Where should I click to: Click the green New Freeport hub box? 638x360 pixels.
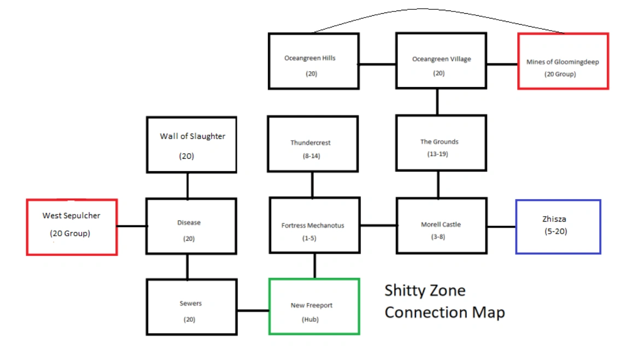click(314, 306)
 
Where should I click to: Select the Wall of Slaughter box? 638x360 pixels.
click(191, 145)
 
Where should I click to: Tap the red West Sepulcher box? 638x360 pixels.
click(72, 227)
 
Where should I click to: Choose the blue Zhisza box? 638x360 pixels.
click(558, 227)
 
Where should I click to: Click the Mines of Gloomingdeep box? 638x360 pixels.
click(563, 61)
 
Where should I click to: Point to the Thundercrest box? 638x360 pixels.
click(312, 144)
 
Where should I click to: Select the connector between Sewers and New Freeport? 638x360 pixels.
click(253, 311)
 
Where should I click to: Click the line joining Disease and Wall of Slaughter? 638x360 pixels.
click(188, 185)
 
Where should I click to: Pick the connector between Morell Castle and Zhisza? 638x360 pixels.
click(501, 227)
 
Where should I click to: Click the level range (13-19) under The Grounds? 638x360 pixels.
click(438, 154)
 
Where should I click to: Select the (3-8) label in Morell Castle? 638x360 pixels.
click(437, 236)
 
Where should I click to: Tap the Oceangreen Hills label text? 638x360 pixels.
click(310, 58)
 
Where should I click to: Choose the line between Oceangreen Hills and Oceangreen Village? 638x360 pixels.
click(377, 64)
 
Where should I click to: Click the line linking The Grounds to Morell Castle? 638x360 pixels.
click(437, 184)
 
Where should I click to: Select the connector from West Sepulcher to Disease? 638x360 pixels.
click(132, 226)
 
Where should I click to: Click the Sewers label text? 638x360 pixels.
click(191, 303)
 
